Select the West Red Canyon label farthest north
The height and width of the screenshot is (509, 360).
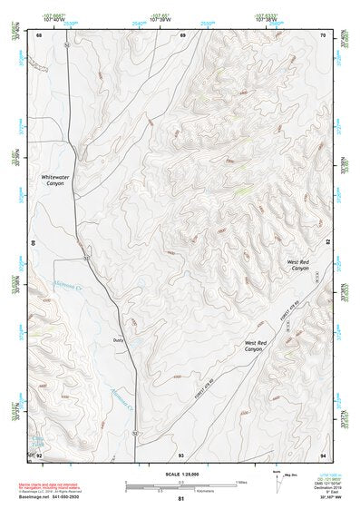[x=298, y=265]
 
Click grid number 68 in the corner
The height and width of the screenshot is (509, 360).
[x=39, y=34]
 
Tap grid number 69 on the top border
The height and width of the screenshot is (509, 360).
[x=182, y=34]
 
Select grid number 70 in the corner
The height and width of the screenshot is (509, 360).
[x=322, y=34]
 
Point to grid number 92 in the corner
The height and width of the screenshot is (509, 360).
[x=39, y=455]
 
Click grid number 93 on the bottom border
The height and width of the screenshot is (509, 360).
[x=181, y=455]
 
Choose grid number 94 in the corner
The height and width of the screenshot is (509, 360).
[x=322, y=455]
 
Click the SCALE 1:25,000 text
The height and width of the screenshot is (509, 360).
[x=180, y=475]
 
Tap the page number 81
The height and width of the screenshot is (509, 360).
[x=180, y=500]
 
